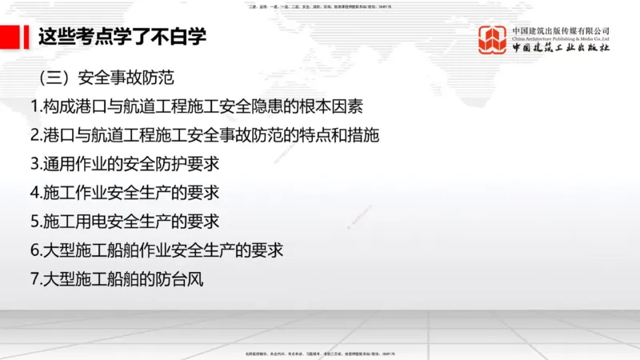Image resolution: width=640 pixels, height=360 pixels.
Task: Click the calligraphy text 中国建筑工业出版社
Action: tap(560, 50)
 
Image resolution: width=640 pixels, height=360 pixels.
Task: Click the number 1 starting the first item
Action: tap(34, 106)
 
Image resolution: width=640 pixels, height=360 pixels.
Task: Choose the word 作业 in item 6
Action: tap(171, 250)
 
